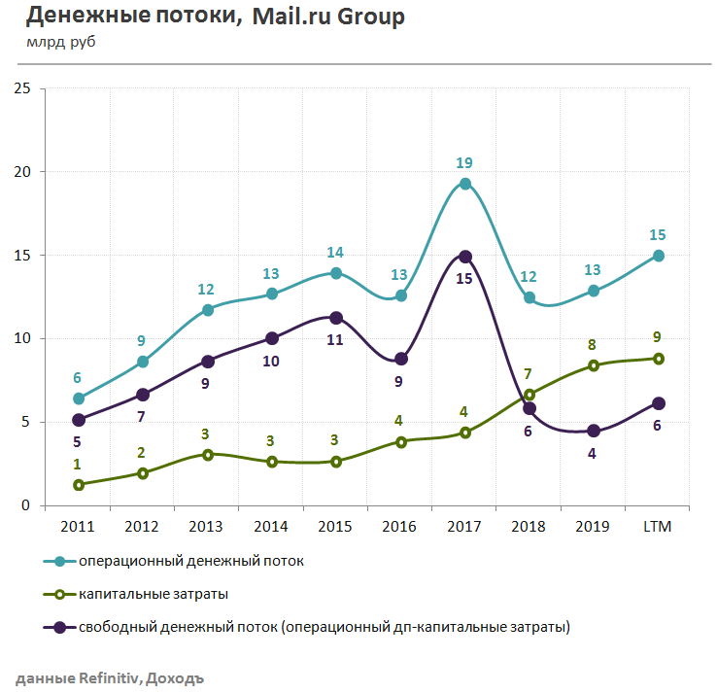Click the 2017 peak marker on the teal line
tap(464, 184)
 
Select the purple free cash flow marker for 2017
tap(464, 257)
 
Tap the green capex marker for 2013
tap(207, 454)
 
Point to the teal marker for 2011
tap(79, 398)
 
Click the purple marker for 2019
tap(593, 432)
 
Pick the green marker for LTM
tap(658, 359)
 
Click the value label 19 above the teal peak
tap(464, 163)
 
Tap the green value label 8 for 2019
tap(593, 345)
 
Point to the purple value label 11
tap(336, 341)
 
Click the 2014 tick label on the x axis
tap(271, 526)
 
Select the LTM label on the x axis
tap(658, 526)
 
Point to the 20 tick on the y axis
tap(22, 172)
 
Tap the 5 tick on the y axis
tap(26, 422)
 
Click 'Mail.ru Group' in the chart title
tap(328, 17)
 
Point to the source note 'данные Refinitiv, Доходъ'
tap(109, 677)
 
